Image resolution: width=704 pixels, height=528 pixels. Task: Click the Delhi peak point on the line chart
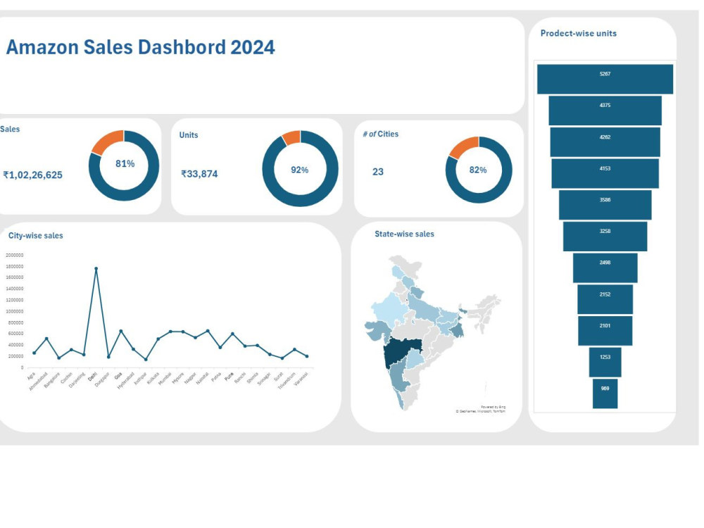click(x=96, y=268)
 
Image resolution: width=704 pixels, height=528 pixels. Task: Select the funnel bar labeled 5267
click(x=605, y=79)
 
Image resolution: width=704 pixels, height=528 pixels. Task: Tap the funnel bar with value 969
click(x=605, y=394)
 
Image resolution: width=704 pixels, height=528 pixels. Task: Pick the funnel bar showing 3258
click(x=605, y=236)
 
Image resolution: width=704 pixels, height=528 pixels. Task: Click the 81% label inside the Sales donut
click(x=125, y=163)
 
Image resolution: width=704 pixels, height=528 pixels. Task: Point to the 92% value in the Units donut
click(x=300, y=170)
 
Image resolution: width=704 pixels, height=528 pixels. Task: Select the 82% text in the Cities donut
click(x=478, y=170)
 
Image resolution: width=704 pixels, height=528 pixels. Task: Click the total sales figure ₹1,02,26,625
click(x=32, y=175)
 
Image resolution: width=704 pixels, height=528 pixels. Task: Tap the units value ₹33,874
click(x=199, y=174)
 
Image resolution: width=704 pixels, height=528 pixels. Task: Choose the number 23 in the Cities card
click(x=378, y=172)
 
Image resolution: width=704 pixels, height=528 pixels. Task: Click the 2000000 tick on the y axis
click(x=14, y=256)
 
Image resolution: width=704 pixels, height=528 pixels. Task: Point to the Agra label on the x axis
click(x=31, y=377)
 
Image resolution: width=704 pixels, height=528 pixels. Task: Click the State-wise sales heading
click(x=404, y=234)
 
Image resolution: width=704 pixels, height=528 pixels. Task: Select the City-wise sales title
click(x=35, y=236)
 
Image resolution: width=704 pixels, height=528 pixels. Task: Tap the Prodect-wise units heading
click(x=578, y=33)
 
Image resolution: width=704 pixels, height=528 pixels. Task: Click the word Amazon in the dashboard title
click(x=42, y=47)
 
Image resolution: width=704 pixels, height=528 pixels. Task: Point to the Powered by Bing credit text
click(x=493, y=406)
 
